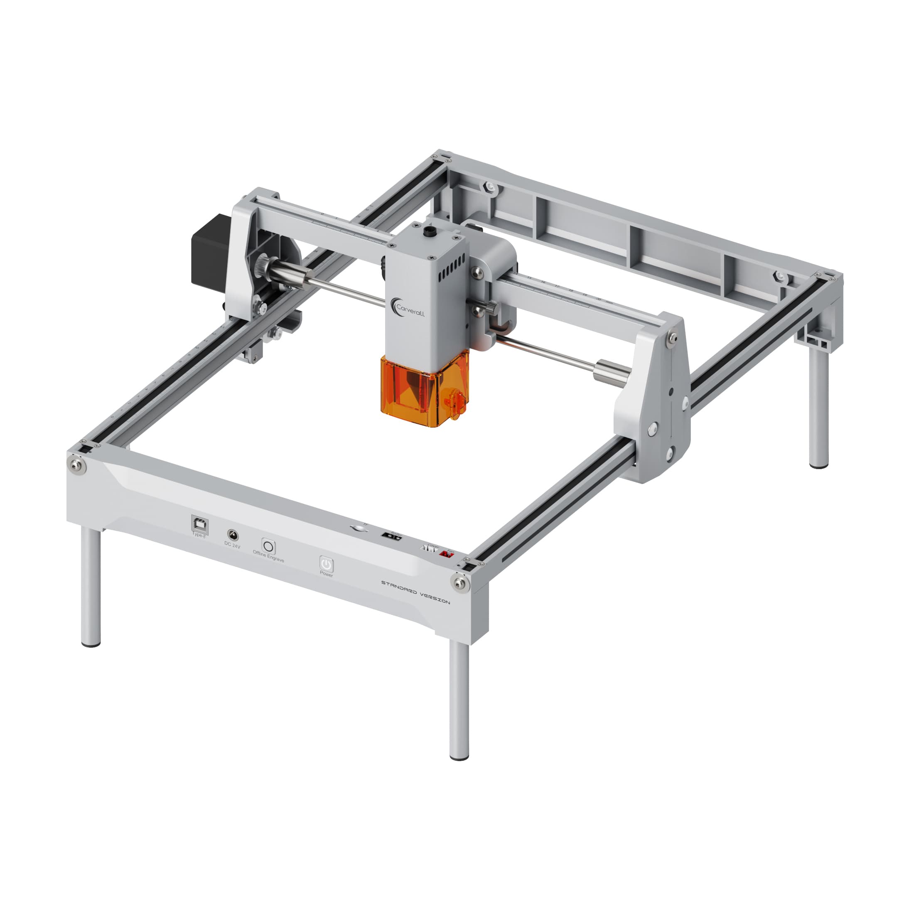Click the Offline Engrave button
(x=268, y=546)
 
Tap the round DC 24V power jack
(x=233, y=536)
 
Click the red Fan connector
(x=446, y=553)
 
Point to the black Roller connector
(x=392, y=537)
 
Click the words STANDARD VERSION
(x=415, y=592)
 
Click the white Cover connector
(x=429, y=549)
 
